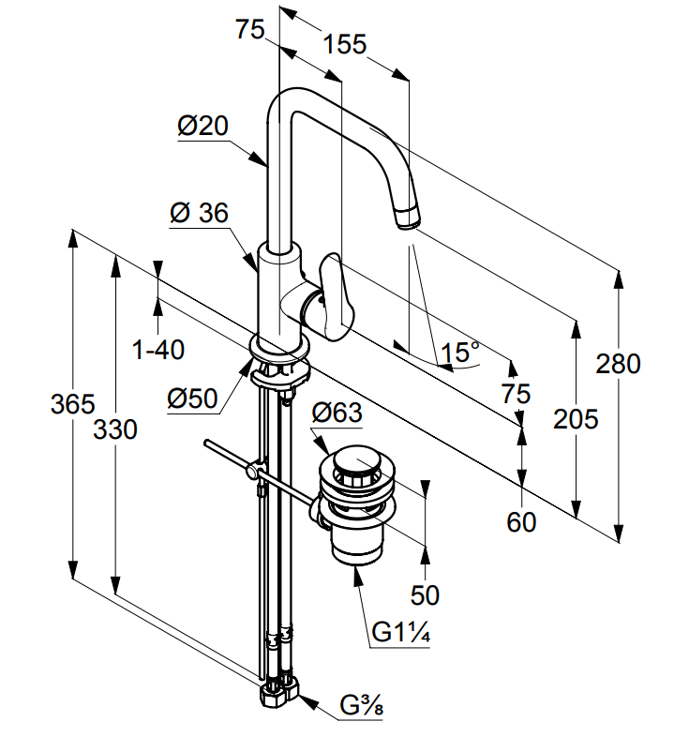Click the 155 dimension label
[345, 44]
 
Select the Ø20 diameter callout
[203, 126]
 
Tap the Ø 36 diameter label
[199, 214]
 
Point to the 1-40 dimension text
[158, 351]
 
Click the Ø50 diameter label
[193, 399]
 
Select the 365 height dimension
[73, 404]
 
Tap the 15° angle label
[460, 353]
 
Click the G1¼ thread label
[400, 633]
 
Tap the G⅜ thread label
[362, 704]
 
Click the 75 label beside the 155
[249, 30]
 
